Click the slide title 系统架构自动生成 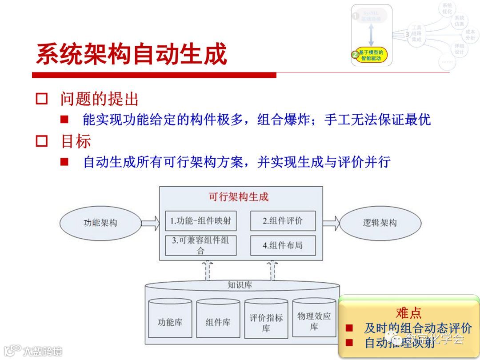click(x=131, y=55)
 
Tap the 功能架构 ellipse click(x=100, y=223)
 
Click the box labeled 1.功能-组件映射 click(x=201, y=221)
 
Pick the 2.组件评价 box click(x=283, y=221)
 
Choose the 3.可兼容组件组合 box click(x=201, y=245)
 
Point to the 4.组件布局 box click(x=283, y=245)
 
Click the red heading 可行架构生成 click(x=239, y=196)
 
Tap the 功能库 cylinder click(x=170, y=321)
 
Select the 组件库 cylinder click(x=218, y=321)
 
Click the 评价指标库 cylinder click(x=266, y=321)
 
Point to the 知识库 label click(x=240, y=285)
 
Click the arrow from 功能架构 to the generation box click(x=150, y=222)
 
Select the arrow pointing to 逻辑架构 click(x=331, y=222)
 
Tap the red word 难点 click(x=408, y=312)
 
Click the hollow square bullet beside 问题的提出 click(x=42, y=99)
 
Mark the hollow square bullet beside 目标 click(x=42, y=141)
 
